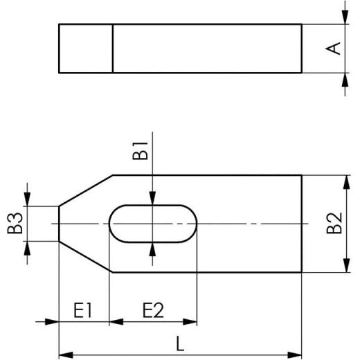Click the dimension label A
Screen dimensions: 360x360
[334, 48]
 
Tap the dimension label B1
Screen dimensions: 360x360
[141, 151]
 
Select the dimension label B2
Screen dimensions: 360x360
[334, 223]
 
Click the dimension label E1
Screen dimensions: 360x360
[84, 310]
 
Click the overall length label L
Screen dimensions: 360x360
[180, 343]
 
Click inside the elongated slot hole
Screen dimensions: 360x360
[153, 223]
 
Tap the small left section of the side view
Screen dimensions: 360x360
[86, 48]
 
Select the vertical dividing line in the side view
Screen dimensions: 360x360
[113, 48]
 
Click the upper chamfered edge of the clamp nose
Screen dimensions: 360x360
[86, 190]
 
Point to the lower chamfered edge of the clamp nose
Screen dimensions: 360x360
[86, 256]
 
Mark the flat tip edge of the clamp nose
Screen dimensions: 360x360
[59, 223]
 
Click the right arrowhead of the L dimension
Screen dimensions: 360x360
[296, 355]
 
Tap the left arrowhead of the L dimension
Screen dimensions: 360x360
[64, 355]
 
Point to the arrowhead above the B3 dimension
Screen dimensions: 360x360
[27, 199]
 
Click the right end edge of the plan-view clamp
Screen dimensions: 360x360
[302, 223]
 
